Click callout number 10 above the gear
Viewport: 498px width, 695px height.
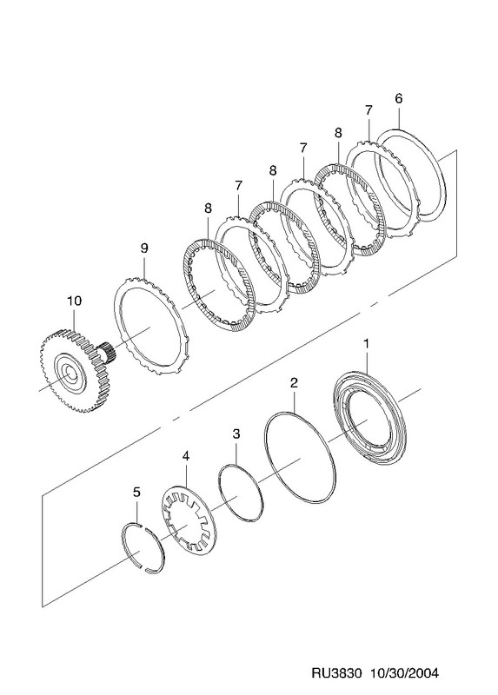point(75,301)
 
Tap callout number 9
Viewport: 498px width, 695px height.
point(144,248)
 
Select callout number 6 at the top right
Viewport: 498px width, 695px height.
point(398,98)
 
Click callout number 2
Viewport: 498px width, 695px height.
point(294,383)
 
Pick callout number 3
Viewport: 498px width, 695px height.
point(236,434)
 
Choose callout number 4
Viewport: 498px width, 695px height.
point(185,455)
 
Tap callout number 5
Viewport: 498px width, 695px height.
point(136,492)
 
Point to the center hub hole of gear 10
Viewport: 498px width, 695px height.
point(68,373)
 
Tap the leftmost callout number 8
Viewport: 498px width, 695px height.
point(209,208)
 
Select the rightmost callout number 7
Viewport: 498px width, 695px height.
point(369,110)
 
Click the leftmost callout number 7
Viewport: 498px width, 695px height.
point(239,186)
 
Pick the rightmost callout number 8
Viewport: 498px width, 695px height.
point(338,133)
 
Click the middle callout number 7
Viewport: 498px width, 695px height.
point(303,148)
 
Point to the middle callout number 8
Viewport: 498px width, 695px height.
point(273,170)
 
